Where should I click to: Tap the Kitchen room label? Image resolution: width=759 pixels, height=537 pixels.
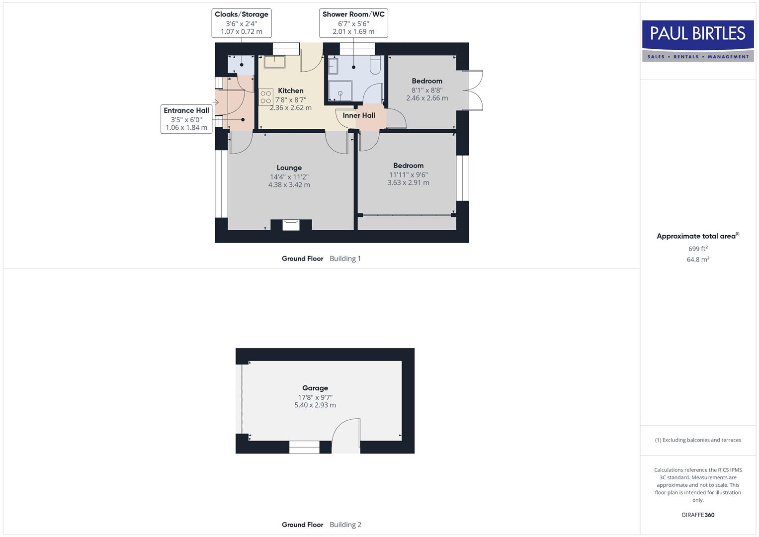(x=291, y=90)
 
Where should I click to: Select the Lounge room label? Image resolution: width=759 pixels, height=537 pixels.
(x=289, y=168)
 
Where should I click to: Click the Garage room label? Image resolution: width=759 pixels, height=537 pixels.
(x=315, y=388)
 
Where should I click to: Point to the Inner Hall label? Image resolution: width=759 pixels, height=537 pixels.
(x=359, y=115)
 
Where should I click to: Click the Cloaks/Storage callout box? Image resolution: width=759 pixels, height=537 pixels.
(x=242, y=23)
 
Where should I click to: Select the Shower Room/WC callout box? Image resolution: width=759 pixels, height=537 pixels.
(x=353, y=23)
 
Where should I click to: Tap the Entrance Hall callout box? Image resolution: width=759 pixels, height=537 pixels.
(x=186, y=119)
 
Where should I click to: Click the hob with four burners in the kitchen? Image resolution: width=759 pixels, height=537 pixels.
(x=266, y=97)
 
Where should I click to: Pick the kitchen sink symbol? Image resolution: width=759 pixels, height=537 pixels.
(x=274, y=62)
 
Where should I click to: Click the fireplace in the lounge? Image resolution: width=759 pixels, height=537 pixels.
(x=291, y=225)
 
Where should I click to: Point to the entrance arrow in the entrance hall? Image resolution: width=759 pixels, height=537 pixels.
(x=215, y=102)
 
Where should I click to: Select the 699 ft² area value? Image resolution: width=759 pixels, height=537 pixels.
(x=698, y=249)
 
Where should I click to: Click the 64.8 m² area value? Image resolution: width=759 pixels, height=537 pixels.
(x=698, y=260)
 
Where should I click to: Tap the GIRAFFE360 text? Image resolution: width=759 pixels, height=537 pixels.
(x=698, y=515)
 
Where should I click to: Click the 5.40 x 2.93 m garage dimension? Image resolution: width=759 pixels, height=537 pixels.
(x=315, y=405)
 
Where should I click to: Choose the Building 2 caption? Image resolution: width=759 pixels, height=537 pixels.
(x=345, y=525)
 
